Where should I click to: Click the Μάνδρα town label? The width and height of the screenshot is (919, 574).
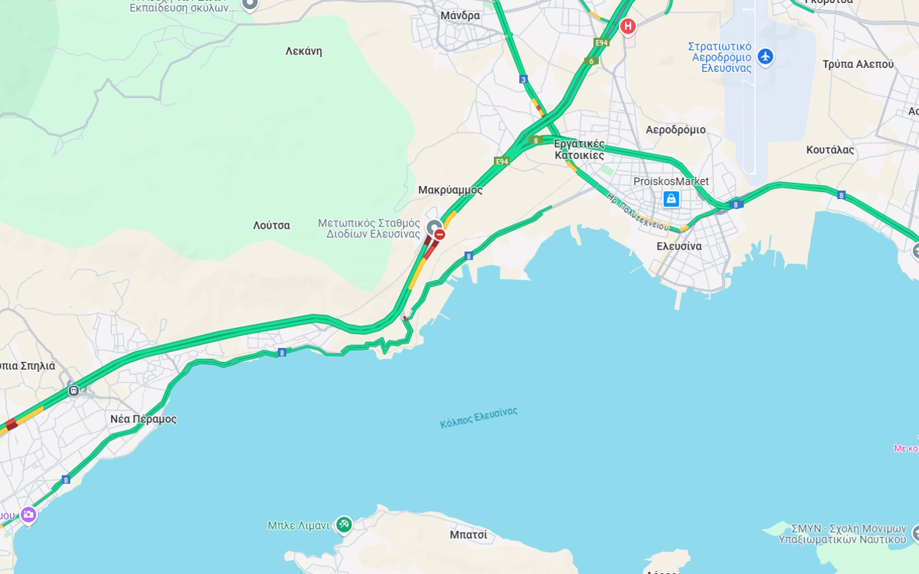point(460,15)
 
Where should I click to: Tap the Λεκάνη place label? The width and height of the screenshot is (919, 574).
point(303,51)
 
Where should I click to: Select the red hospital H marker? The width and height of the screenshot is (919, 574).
point(628,27)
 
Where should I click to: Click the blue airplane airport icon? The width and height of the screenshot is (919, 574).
point(764,57)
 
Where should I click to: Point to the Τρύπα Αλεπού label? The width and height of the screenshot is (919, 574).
point(858,64)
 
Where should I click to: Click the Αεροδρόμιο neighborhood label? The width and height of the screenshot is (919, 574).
point(675,130)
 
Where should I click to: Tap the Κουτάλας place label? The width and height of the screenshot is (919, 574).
point(829,150)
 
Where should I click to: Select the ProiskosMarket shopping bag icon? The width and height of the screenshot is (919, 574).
point(671,199)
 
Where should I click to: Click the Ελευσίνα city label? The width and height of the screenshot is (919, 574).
point(679,246)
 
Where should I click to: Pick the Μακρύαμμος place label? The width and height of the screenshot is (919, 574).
point(450,190)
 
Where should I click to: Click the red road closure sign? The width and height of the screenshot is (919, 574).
point(440,234)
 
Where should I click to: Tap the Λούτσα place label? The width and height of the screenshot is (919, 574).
point(271,226)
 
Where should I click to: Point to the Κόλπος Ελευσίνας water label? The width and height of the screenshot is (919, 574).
point(479,417)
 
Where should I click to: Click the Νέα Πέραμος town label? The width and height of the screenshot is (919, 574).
point(143,419)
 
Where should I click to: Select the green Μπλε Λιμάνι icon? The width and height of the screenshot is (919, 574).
point(344,524)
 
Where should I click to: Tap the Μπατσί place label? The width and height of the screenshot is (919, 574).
point(468,535)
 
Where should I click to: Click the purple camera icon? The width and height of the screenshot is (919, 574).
point(28,515)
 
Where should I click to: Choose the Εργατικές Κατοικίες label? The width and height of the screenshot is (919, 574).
point(580,149)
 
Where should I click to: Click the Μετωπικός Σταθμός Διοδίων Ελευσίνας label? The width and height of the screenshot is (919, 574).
point(369,228)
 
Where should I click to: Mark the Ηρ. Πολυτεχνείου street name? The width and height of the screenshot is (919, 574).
point(638,212)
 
